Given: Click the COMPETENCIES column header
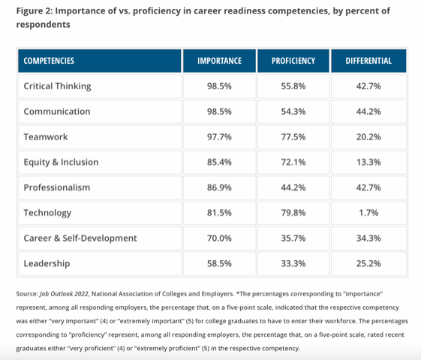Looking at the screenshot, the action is (x=49, y=61).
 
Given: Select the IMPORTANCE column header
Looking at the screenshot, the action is (x=219, y=61).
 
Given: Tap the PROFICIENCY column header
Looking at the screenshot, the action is (x=293, y=61).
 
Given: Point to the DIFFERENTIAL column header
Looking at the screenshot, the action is (x=368, y=61).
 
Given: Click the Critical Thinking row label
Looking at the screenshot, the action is (x=58, y=86).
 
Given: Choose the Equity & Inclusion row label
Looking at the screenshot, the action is (x=61, y=162).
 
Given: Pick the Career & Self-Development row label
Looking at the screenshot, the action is (x=80, y=238).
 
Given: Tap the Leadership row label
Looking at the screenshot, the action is (x=47, y=263).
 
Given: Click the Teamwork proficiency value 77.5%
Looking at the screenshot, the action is (x=293, y=136).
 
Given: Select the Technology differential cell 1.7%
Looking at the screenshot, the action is (x=368, y=213).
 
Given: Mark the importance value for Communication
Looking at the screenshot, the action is (x=219, y=111).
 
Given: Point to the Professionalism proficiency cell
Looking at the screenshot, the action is (x=293, y=187).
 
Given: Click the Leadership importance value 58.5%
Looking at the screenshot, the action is (x=219, y=263).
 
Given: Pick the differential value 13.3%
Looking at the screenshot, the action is (x=368, y=162).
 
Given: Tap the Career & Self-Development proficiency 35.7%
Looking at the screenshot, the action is (x=293, y=238).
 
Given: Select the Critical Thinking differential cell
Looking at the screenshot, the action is (x=368, y=86).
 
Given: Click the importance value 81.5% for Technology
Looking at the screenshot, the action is (x=219, y=213).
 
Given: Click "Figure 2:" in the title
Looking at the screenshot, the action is (x=34, y=11).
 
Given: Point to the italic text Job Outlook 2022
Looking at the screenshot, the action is (x=64, y=294).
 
